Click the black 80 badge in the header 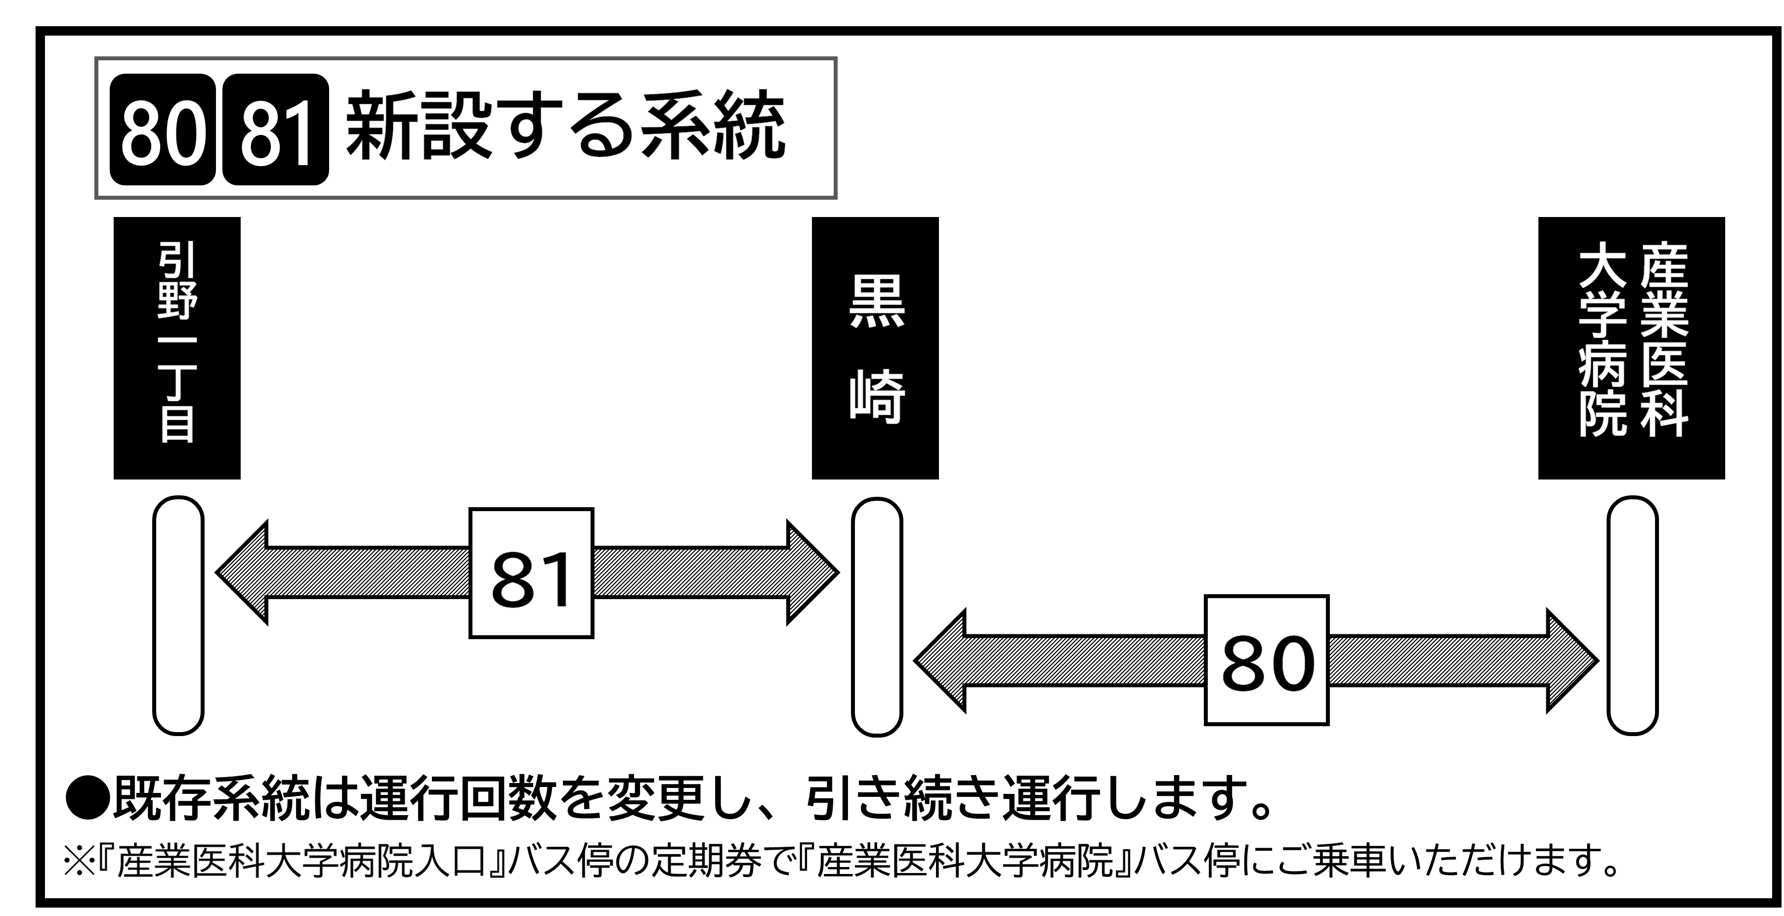[x=163, y=130]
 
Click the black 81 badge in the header [x=276, y=130]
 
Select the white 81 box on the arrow [x=531, y=573]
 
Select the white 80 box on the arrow [x=1267, y=660]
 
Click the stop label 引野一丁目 [x=178, y=342]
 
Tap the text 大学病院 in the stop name [x=1603, y=340]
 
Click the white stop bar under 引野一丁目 [x=178, y=615]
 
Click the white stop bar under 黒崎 [x=877, y=616]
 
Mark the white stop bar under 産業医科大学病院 [x=1632, y=615]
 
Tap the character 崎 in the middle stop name [x=877, y=396]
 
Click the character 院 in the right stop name [x=1603, y=414]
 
